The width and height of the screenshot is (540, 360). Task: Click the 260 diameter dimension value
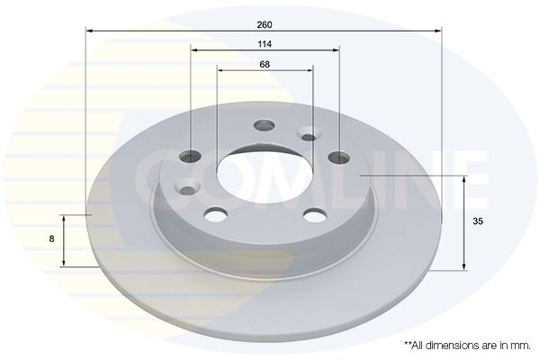click(265, 25)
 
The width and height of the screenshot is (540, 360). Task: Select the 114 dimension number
click(265, 44)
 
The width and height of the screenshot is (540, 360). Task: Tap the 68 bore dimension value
click(265, 65)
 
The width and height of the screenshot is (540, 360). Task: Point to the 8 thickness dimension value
click(51, 238)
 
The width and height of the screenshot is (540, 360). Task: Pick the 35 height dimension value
click(478, 221)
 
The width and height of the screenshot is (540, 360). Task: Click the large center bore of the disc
click(265, 177)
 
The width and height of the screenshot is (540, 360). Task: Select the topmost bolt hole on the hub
click(265, 125)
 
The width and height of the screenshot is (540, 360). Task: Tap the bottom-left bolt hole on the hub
click(216, 214)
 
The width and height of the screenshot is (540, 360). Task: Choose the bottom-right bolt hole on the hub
click(314, 215)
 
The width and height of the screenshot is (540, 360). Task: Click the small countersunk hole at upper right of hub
click(308, 134)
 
